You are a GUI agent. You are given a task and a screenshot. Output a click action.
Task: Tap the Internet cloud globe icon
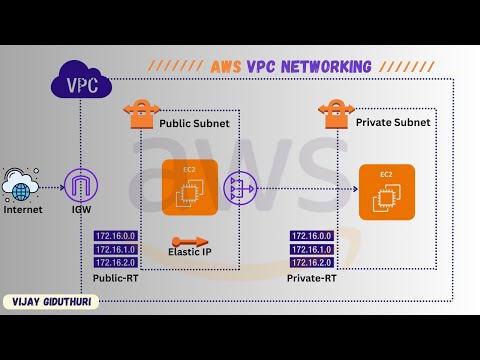pyautogui.click(x=21, y=186)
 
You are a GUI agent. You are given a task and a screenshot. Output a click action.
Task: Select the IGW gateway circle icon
pyautogui.click(x=78, y=186)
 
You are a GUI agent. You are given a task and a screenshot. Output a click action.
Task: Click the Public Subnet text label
pyautogui.click(x=194, y=123)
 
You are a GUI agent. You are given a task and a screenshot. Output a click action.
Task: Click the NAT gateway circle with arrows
pyautogui.click(x=240, y=186)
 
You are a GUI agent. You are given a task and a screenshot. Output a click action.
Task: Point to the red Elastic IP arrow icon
pyautogui.click(x=190, y=241)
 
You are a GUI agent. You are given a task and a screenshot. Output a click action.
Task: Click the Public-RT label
pyautogui.click(x=117, y=275)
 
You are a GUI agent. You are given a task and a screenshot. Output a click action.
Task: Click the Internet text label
pyautogui.click(x=23, y=211)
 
